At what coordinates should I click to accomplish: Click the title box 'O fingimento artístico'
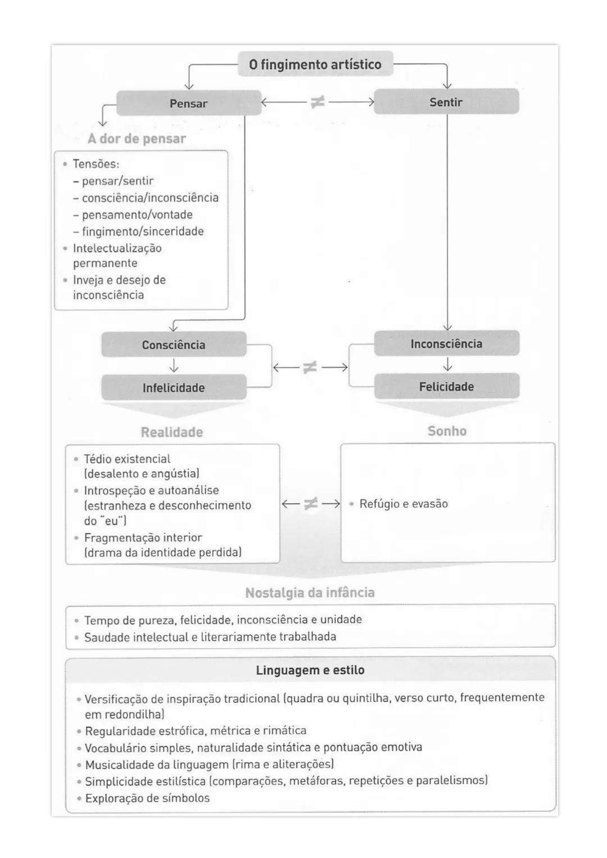tap(315, 65)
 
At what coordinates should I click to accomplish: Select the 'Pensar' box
tap(189, 103)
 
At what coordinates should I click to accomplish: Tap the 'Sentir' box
tap(446, 102)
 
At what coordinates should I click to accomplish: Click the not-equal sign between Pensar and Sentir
tap(318, 102)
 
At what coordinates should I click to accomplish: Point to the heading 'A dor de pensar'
tap(137, 139)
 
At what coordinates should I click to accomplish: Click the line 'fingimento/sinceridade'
tap(142, 232)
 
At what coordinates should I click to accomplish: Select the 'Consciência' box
tap(174, 345)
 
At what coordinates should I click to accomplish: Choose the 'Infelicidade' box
tap(174, 387)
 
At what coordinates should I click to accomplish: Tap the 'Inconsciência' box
tap(446, 344)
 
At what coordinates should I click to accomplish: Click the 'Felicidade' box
tap(446, 387)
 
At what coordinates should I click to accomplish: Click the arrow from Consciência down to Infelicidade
tap(174, 366)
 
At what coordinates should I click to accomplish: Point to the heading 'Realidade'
tap(171, 432)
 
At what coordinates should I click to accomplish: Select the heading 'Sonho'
tap(447, 431)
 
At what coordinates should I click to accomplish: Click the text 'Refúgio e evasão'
tap(404, 504)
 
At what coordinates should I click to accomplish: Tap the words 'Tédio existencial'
tap(127, 459)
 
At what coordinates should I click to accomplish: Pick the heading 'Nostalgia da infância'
tap(310, 593)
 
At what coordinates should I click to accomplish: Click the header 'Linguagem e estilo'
tap(310, 670)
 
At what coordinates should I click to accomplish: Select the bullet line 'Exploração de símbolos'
tap(147, 798)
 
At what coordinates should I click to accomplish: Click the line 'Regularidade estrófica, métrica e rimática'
tap(196, 731)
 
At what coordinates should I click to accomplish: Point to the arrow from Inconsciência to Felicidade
tap(447, 365)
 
